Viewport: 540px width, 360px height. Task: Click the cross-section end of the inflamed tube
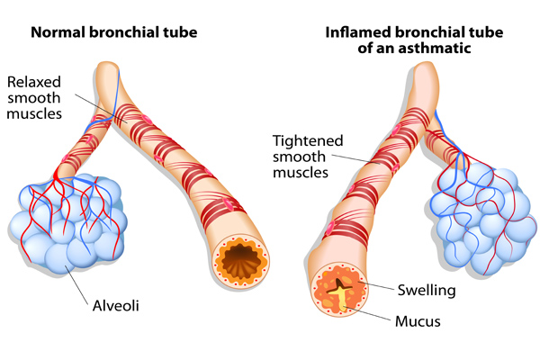click(x=339, y=296)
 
